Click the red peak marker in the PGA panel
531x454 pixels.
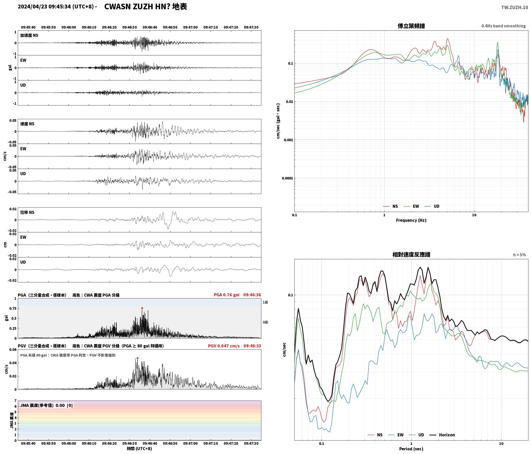pos(142,308)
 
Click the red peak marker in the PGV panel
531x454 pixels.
pos(137,358)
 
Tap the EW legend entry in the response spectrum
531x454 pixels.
pos(396,435)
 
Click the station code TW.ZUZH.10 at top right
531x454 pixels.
pos(515,7)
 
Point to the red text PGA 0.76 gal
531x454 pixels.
pos(227,295)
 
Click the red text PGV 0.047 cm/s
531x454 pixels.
pos(224,346)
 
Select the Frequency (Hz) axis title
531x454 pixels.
pos(411,220)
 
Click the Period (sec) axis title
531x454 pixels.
pos(411,449)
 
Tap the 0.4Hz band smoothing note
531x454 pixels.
pos(503,26)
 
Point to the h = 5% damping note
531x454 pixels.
pos(519,255)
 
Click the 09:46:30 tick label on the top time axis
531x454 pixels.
pos(129,27)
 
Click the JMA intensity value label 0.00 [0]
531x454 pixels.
pos(64,405)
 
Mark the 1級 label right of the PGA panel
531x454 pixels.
pos(265,302)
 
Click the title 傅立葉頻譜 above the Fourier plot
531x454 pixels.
pos(411,26)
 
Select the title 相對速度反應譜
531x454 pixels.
pos(411,255)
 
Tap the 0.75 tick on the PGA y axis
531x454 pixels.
pos(13,309)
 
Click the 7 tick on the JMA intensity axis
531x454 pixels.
pos(15,401)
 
